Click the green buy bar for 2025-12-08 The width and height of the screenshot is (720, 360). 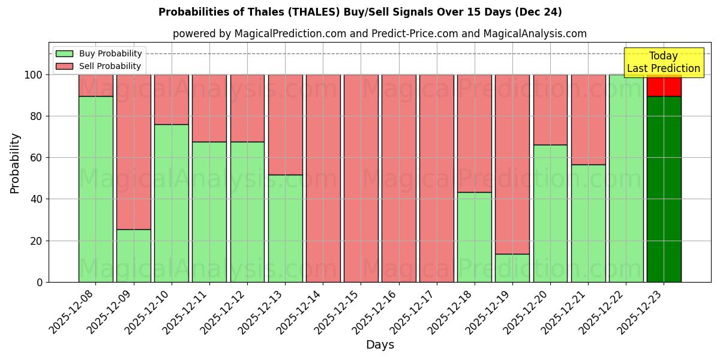96,189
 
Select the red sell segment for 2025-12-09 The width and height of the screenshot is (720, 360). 134,152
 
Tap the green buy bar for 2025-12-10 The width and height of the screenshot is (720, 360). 172,203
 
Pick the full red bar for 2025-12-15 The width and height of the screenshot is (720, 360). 361,178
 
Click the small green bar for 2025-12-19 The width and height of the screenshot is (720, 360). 512,268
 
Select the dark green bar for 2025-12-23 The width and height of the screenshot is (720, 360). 664,189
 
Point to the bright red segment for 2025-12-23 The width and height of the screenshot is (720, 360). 664,86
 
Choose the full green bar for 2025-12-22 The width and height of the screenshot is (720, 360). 626,178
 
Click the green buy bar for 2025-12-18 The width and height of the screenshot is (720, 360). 475,237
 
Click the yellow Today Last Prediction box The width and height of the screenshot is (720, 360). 664,62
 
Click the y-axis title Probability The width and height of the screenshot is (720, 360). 15,163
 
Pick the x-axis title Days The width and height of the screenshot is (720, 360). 380,345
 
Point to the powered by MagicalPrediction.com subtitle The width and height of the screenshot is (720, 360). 380,34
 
